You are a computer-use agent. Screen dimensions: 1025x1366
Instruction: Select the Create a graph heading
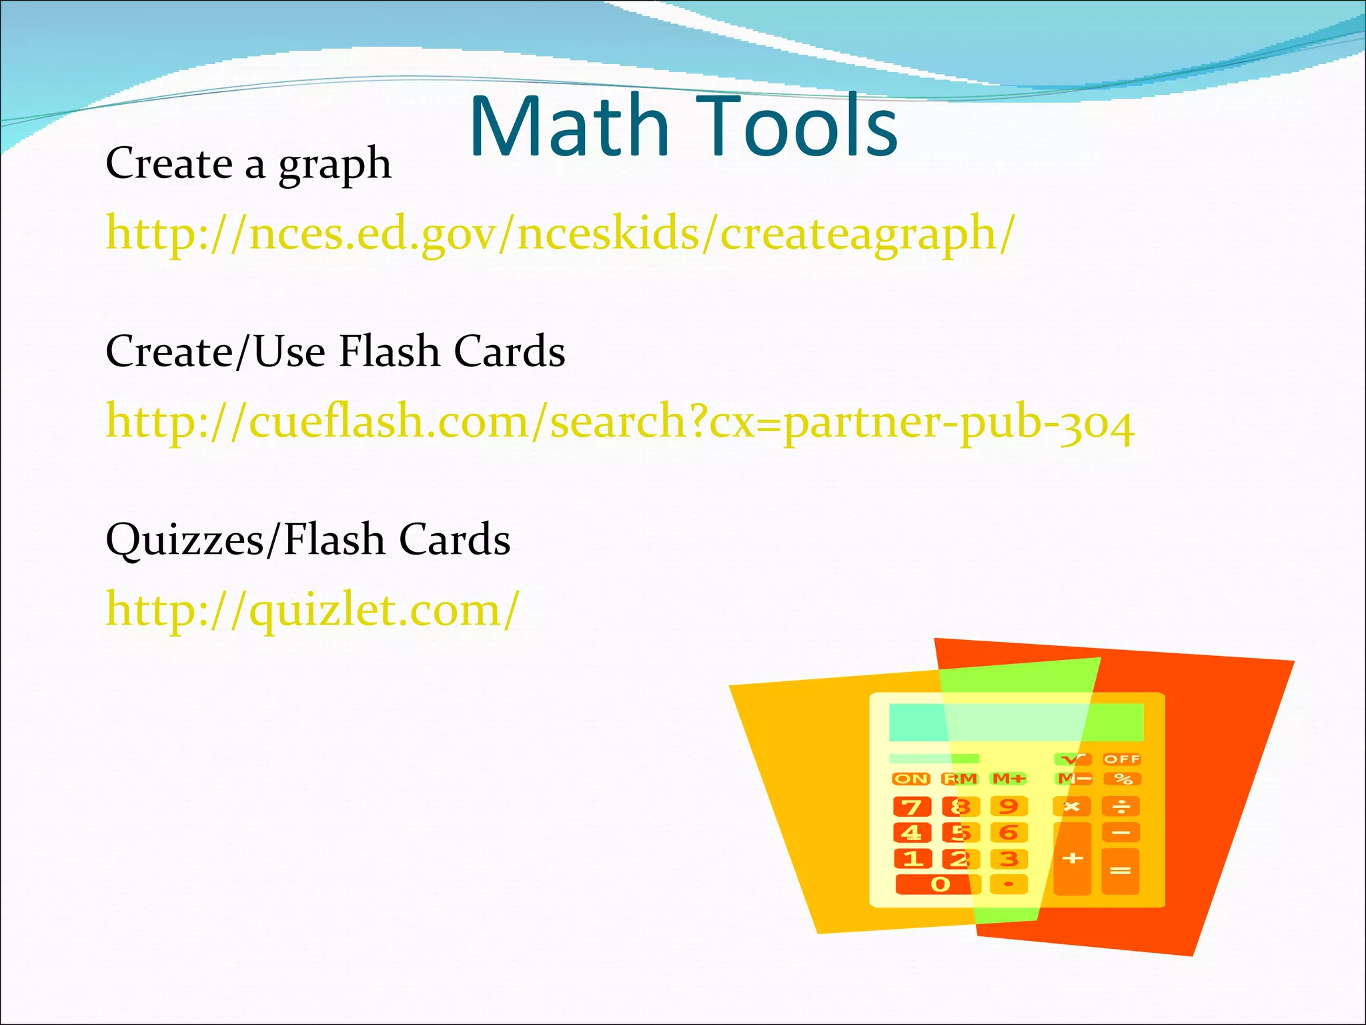[248, 164]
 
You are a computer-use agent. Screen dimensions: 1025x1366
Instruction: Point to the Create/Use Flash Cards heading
[335, 352]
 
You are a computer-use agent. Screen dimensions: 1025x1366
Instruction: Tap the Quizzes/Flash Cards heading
[308, 539]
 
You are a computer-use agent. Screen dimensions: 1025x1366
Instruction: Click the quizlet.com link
[312, 610]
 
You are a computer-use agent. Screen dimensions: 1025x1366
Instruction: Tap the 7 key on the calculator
[911, 807]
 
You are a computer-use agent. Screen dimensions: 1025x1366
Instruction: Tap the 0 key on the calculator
[939, 885]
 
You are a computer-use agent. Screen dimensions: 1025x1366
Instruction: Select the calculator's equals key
[1121, 871]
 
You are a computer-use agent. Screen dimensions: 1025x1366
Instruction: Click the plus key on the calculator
[1072, 859]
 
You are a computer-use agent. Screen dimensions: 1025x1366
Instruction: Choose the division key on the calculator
[1122, 807]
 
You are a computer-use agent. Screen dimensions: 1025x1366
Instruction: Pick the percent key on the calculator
[1123, 779]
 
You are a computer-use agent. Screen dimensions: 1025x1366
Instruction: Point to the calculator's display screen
[1016, 722]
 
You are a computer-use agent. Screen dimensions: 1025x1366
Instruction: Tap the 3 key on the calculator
[1008, 859]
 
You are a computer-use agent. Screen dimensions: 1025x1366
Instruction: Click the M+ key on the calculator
[1008, 779]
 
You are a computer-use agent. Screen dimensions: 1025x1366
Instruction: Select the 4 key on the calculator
[911, 833]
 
